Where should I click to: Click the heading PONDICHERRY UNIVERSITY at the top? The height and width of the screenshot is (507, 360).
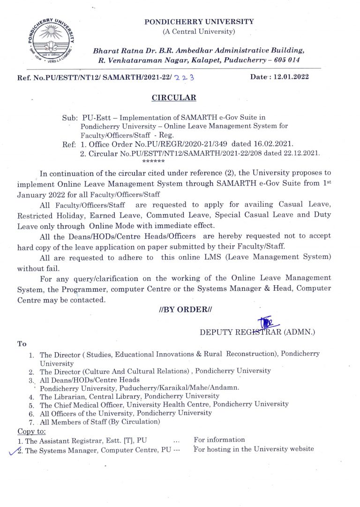click(x=199, y=22)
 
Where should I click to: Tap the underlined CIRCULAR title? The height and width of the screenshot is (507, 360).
click(x=173, y=98)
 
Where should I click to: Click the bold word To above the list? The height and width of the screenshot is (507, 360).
click(x=22, y=344)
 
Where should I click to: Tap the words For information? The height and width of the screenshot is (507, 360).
click(x=219, y=440)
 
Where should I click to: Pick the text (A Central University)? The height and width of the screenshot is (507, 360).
click(x=199, y=31)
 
